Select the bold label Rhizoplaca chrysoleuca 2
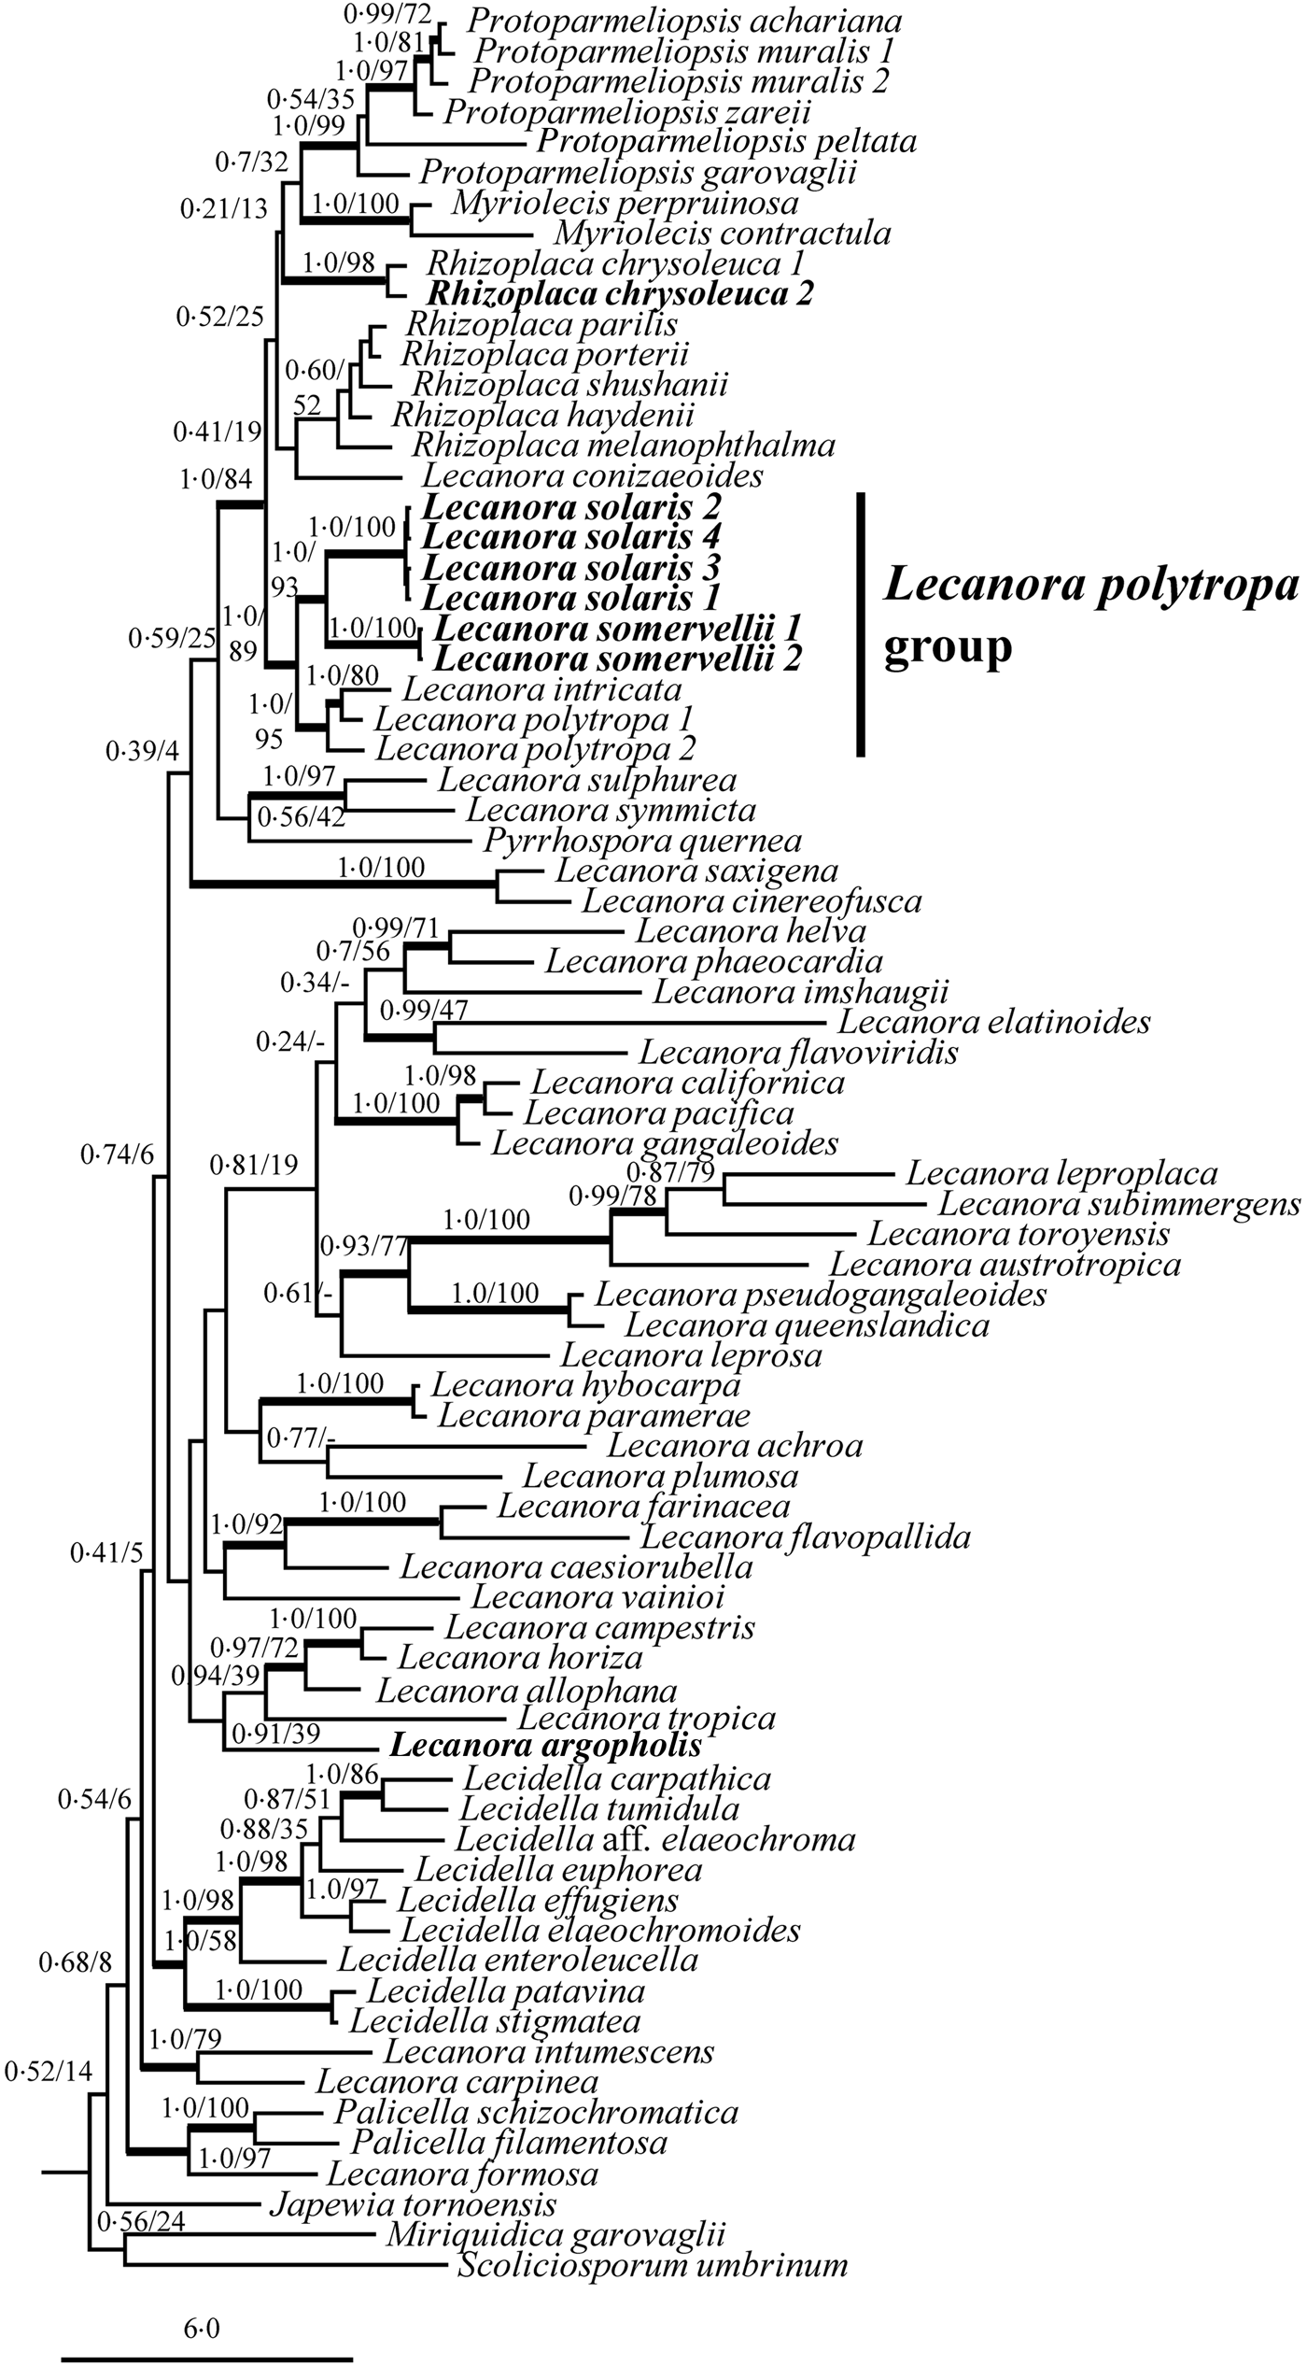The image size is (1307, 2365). click(620, 294)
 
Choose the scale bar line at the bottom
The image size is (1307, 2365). click(206, 2352)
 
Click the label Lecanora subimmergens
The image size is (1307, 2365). click(1119, 1204)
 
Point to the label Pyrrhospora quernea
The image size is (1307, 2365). click(643, 841)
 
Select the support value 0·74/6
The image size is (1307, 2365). click(117, 1156)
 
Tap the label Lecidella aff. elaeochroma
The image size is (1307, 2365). click(655, 1839)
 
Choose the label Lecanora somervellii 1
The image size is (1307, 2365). click(621, 629)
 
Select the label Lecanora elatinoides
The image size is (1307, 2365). click(993, 1022)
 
